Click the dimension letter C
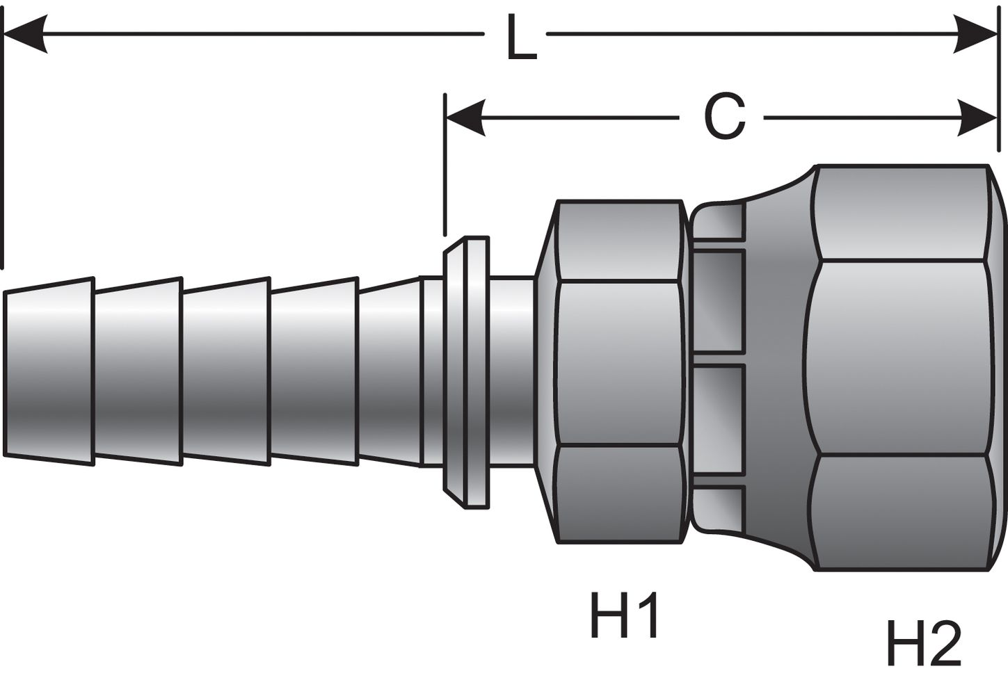724,118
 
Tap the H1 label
625,615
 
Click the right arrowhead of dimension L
977,33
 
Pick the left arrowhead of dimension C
465,118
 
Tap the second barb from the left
138,371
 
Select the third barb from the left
226,371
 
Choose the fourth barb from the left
314,371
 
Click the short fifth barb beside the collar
390,371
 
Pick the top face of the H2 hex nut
901,213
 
